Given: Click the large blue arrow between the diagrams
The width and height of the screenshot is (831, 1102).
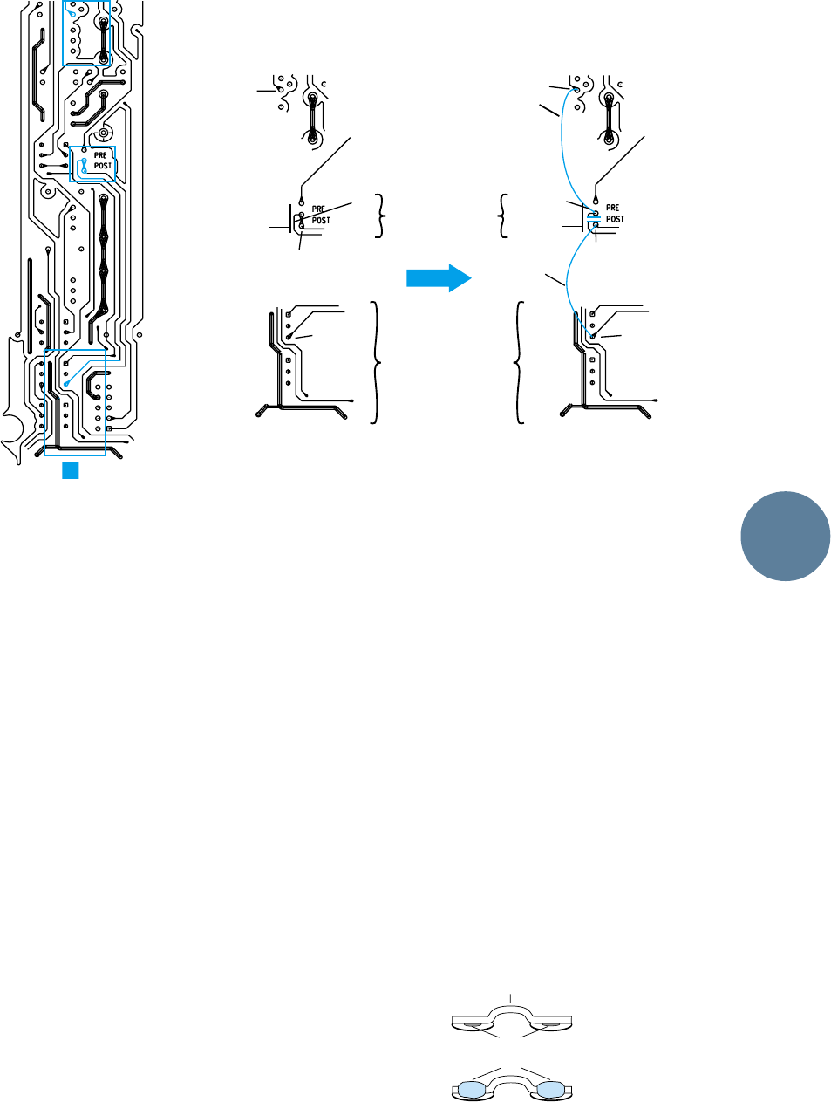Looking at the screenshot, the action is point(439,278).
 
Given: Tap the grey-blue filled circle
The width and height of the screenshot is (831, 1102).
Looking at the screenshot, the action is point(786,537).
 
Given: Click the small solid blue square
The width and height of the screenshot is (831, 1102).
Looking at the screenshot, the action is point(71,470).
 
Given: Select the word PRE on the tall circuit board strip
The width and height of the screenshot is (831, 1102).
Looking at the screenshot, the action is point(100,156).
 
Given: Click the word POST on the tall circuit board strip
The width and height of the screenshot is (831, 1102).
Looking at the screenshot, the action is point(103,166).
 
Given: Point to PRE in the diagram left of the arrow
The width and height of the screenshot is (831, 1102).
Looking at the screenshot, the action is point(319,210).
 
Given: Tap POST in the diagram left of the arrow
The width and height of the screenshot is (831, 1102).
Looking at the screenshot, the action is point(321,221).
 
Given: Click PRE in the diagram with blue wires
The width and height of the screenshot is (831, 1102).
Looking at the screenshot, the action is point(613,209).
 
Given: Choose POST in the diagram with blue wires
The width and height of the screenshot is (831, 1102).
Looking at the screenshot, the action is point(615,219).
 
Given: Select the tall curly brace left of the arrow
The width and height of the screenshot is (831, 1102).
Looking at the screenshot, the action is point(376,362).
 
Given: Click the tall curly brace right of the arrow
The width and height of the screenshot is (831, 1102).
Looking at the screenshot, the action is point(520,362).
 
